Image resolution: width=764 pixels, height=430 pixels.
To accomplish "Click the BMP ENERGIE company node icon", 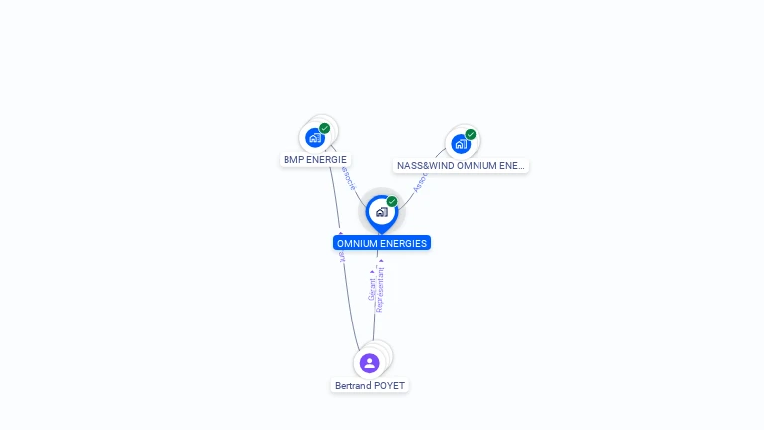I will [x=315, y=138].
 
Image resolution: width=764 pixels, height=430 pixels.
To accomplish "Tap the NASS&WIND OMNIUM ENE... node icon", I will [x=461, y=144].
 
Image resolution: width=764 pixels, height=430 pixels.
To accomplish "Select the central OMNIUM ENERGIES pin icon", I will [x=381, y=212].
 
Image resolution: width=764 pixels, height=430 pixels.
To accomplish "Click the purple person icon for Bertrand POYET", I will [x=369, y=363].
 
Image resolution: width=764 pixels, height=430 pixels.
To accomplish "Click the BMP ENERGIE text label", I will [x=315, y=159].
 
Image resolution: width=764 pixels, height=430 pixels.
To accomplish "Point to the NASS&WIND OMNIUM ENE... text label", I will [x=461, y=166].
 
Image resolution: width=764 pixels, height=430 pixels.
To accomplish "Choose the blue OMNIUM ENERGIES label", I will [x=382, y=243].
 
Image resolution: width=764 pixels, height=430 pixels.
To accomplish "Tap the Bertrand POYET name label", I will [x=370, y=386].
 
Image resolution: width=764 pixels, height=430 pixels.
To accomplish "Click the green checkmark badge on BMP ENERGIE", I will [x=325, y=128].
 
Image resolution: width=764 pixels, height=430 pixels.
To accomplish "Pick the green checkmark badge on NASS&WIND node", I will [x=471, y=135].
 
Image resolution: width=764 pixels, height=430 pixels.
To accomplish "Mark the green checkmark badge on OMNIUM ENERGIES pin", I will [x=392, y=202].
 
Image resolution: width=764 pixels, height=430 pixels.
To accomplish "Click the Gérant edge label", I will [x=372, y=289].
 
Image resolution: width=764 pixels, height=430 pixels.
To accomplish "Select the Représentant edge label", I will [x=381, y=288].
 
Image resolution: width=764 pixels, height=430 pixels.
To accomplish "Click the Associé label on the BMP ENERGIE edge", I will [x=347, y=178].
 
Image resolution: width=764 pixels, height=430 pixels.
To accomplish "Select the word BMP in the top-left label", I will [x=293, y=159].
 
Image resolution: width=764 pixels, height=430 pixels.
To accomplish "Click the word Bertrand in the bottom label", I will [x=352, y=386].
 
